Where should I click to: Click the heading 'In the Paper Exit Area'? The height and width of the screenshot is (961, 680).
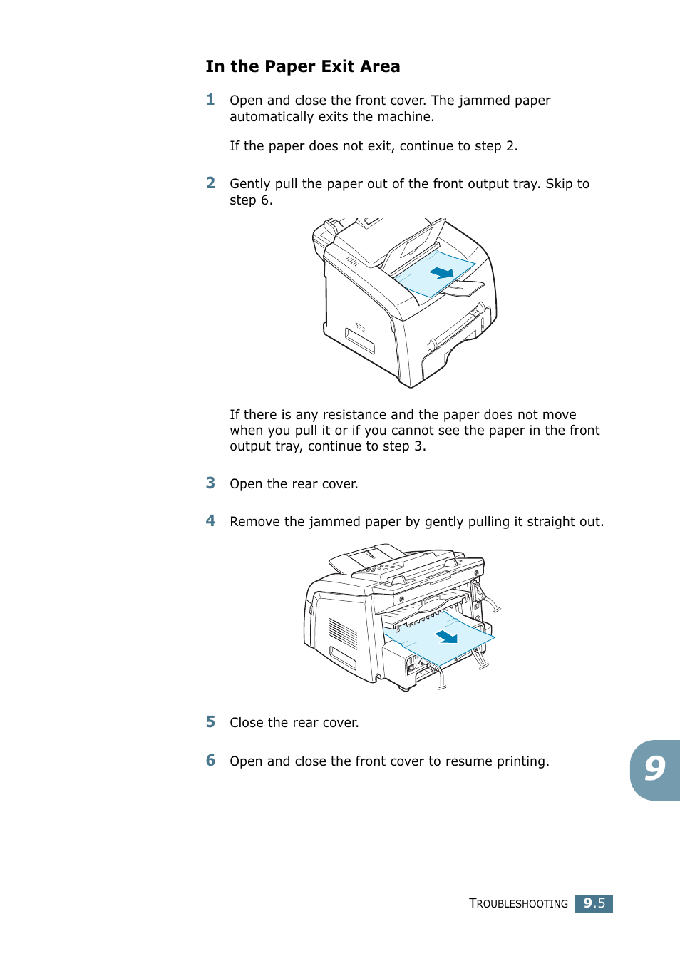click(x=302, y=66)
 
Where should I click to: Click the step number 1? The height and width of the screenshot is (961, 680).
click(x=210, y=100)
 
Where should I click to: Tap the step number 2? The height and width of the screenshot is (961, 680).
click(x=210, y=183)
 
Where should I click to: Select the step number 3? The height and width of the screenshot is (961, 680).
click(x=210, y=483)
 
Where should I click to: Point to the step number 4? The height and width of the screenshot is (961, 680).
click(x=210, y=521)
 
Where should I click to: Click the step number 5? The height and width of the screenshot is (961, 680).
click(x=210, y=722)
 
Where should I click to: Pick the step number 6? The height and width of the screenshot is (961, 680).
click(x=210, y=761)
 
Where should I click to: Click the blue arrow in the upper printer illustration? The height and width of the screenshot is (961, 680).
click(x=442, y=272)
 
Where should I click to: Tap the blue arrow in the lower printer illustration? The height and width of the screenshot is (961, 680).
click(x=447, y=636)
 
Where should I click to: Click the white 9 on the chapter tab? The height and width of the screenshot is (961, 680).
click(x=654, y=769)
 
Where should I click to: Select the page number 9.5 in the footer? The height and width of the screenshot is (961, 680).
click(x=594, y=903)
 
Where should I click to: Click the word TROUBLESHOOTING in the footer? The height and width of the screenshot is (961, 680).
click(x=518, y=904)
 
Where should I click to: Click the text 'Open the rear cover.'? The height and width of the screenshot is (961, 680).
click(x=294, y=484)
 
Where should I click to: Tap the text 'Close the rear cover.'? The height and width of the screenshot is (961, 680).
click(x=294, y=723)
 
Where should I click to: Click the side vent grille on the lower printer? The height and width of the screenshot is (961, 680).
click(x=343, y=632)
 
